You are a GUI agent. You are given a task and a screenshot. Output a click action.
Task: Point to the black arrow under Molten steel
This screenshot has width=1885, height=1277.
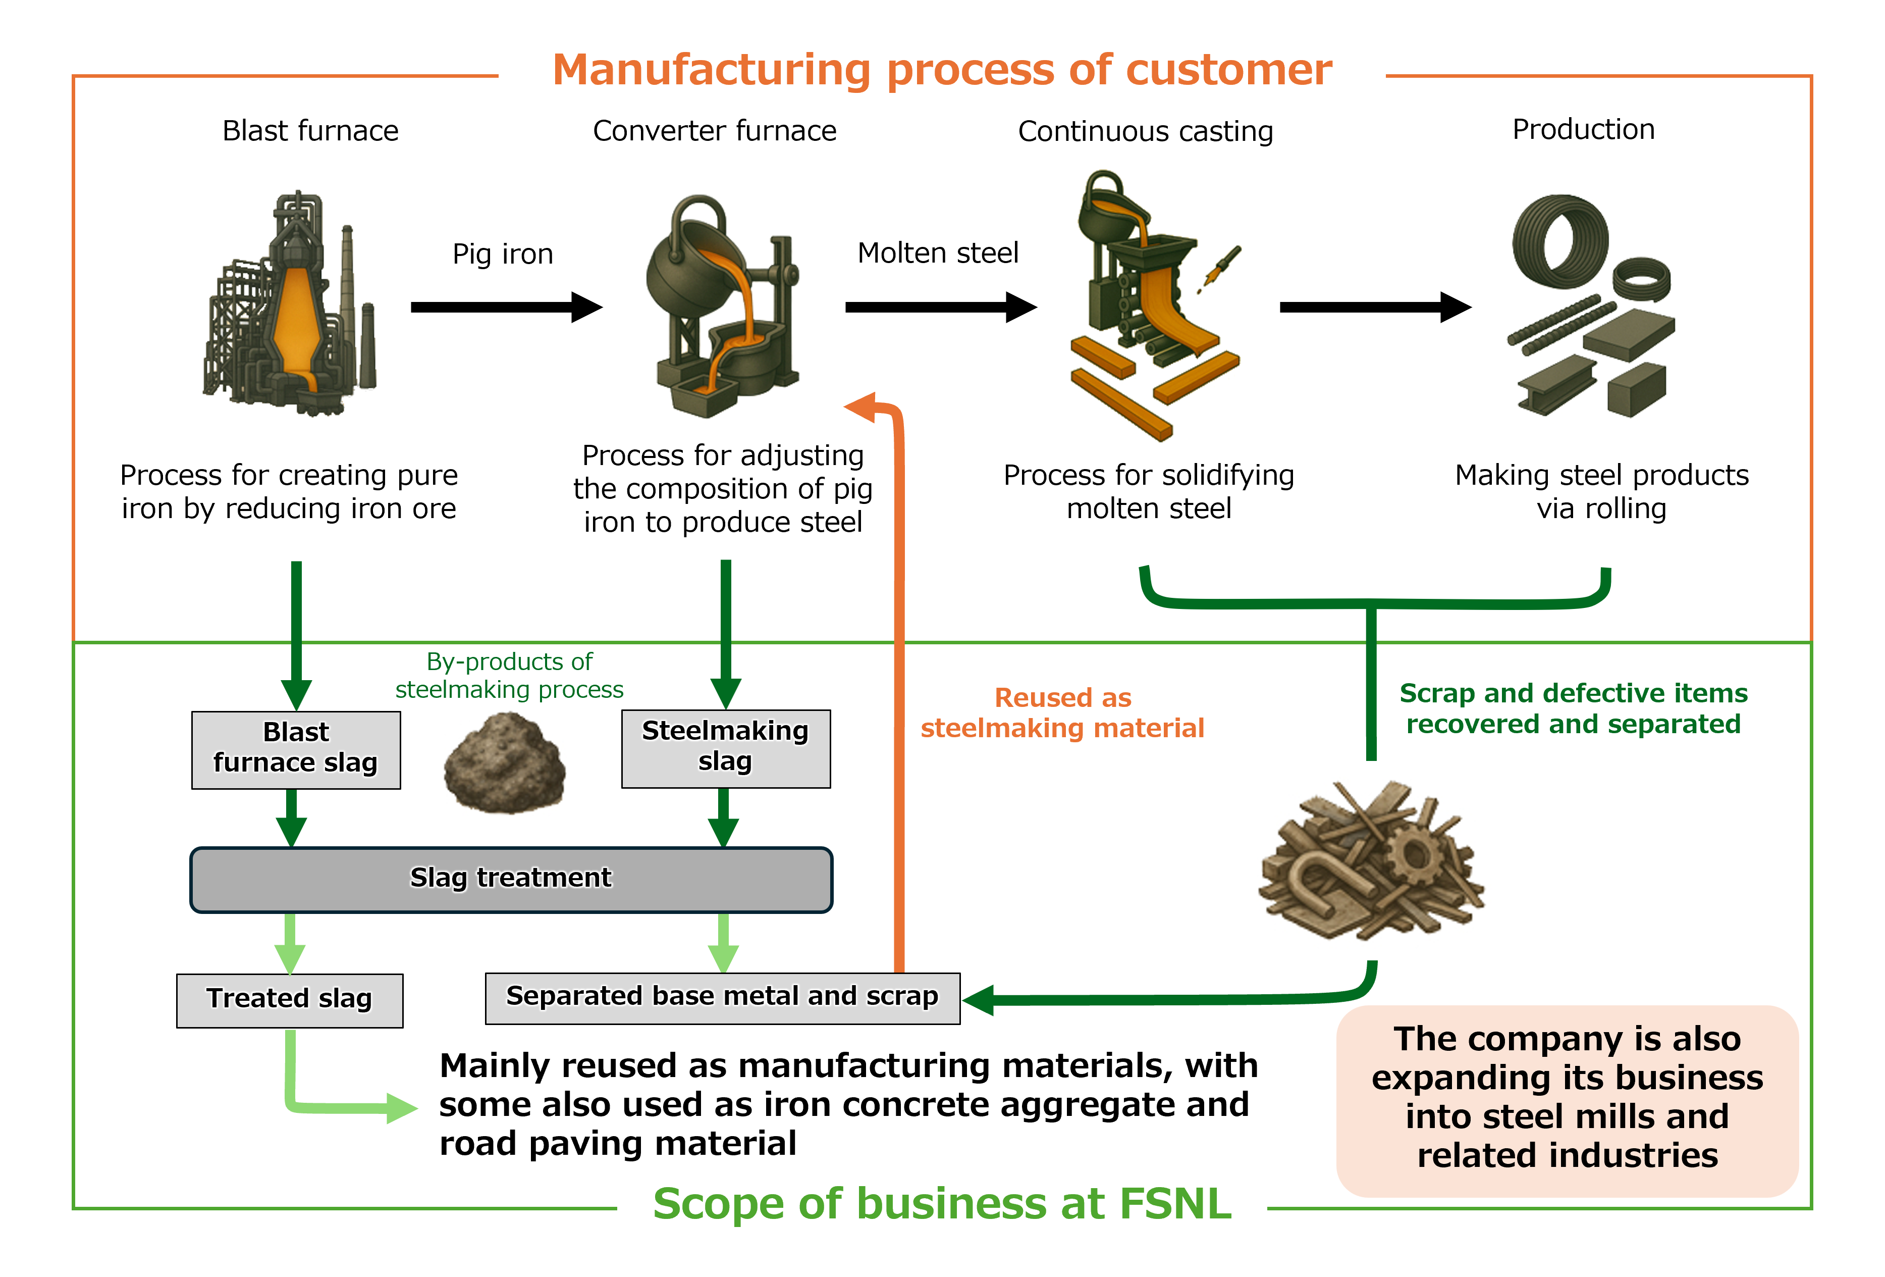(x=940, y=307)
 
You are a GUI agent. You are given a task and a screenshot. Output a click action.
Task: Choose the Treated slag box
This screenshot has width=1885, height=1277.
(x=290, y=999)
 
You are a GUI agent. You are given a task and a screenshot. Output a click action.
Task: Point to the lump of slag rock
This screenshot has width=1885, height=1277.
(x=505, y=762)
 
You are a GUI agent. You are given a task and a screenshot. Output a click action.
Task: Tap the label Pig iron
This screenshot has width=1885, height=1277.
(x=503, y=254)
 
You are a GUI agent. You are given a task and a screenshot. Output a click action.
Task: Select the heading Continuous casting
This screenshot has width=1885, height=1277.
(x=1145, y=131)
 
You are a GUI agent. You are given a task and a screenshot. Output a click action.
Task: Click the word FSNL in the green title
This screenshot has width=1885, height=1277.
(x=1175, y=1204)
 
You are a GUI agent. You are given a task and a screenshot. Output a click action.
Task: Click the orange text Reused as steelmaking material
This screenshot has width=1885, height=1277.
(x=1062, y=712)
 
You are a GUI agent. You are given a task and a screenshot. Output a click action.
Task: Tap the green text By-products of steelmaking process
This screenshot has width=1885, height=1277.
(x=509, y=675)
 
